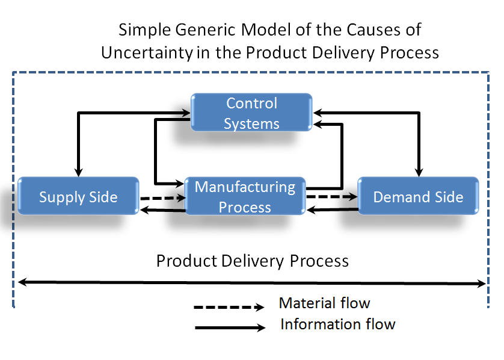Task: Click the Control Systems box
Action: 251,113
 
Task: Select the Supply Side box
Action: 78,196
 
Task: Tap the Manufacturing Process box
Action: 245,196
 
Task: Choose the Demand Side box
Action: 418,196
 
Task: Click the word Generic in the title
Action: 206,30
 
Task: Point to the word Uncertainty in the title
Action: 147,52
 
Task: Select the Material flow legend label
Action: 325,303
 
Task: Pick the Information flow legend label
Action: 338,324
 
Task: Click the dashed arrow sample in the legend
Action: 229,307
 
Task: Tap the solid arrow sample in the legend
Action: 230,328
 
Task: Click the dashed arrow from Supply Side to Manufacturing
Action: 163,198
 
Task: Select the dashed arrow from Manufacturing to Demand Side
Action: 332,196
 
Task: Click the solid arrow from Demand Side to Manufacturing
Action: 333,209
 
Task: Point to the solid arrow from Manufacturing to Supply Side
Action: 162,211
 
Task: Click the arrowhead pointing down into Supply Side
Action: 78,172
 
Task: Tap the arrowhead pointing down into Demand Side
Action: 419,172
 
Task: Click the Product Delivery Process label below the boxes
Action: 253,261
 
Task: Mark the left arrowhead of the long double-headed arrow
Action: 22,282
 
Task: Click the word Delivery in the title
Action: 343,52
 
